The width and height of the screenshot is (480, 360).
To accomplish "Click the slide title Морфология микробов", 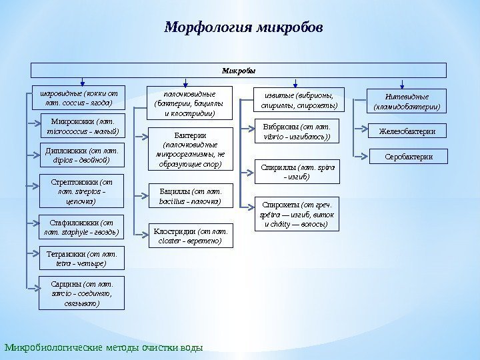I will (x=243, y=28).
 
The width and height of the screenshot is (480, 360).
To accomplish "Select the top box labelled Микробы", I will (x=239, y=70).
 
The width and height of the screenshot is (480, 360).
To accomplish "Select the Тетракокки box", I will (x=81, y=258).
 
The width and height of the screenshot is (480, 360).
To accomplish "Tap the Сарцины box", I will (x=82, y=294).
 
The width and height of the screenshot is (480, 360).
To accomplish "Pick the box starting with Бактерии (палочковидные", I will (x=189, y=150).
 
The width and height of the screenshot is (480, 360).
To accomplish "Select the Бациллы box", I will (x=189, y=195).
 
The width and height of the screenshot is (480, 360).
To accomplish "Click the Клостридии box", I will (x=190, y=236).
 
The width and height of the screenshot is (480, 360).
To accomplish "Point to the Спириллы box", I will (x=297, y=171).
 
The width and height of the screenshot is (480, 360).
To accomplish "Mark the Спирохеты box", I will (x=297, y=213).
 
